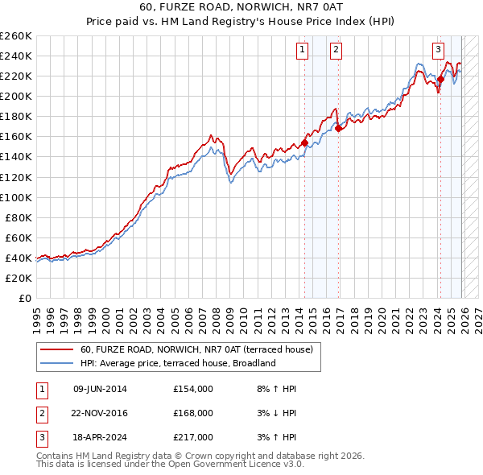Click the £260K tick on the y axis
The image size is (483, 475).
pos(16,36)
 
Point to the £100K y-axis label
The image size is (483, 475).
pos(16,197)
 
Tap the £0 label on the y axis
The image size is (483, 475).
pos(24,298)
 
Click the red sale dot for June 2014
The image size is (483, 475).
pos(304,142)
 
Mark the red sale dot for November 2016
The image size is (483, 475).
pos(338,128)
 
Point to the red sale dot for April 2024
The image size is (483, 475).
pos(440,79)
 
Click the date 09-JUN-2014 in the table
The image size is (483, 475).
pos(100,389)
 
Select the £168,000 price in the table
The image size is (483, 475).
pos(192,413)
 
